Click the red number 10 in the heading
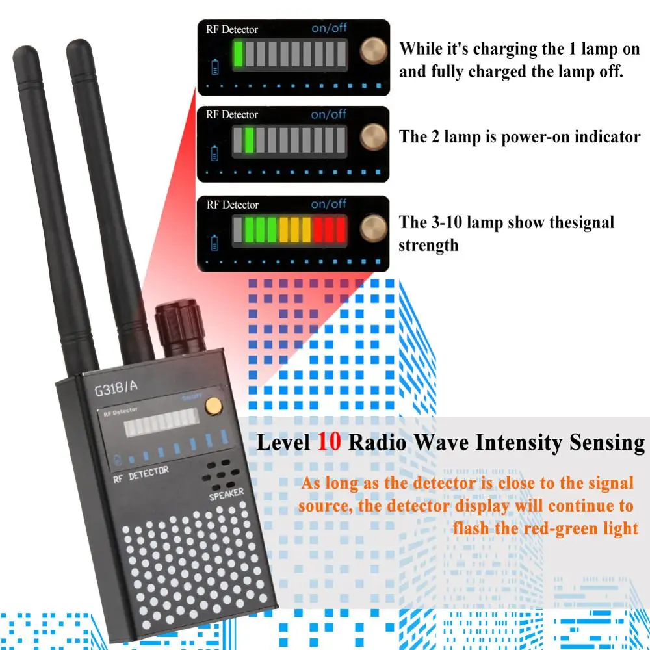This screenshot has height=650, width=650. (x=329, y=443)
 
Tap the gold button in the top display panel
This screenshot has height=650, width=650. (x=374, y=51)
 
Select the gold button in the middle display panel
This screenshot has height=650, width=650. (x=374, y=136)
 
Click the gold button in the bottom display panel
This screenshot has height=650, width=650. (x=374, y=227)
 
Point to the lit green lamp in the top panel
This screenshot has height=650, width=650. (x=239, y=53)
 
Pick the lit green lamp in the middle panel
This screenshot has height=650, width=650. (x=250, y=139)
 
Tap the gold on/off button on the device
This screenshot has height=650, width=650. (x=211, y=406)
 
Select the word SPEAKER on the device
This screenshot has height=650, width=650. (x=226, y=495)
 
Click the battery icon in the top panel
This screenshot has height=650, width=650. (x=216, y=66)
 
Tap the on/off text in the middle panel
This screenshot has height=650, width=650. (x=329, y=114)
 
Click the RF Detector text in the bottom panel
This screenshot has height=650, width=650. (x=232, y=205)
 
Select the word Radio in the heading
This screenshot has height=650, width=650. (x=378, y=443)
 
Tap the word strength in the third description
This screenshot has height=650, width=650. (x=428, y=245)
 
